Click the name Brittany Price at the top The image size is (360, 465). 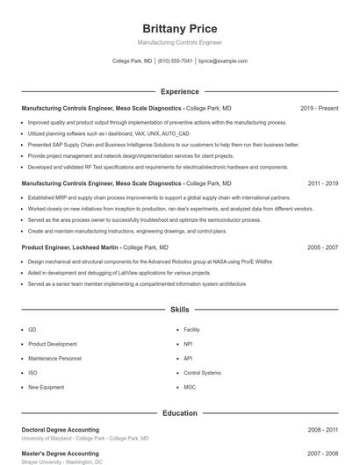pyautogui.click(x=179, y=29)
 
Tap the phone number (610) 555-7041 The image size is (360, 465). pyautogui.click(x=175, y=61)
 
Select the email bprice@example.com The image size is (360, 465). pyautogui.click(x=223, y=61)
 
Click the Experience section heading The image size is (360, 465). pyautogui.click(x=179, y=91)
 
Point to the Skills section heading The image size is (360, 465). pyautogui.click(x=179, y=310)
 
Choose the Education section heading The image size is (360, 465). pyautogui.click(x=179, y=412)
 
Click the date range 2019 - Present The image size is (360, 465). pyautogui.click(x=319, y=108)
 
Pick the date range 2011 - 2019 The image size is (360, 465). pyautogui.click(x=322, y=183)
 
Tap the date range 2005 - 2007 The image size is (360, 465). pyautogui.click(x=322, y=247)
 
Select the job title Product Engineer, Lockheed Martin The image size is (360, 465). pyautogui.click(x=70, y=247)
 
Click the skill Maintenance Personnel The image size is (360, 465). pyautogui.click(x=54, y=358)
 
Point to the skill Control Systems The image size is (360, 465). pyautogui.click(x=202, y=372)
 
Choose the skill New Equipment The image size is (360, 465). pyautogui.click(x=46, y=387)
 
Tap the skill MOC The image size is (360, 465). pyautogui.click(x=190, y=387)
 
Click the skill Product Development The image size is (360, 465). pyautogui.click(x=53, y=344)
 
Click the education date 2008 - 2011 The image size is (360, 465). pyautogui.click(x=322, y=430)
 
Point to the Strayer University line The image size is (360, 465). pyautogui.click(x=61, y=461)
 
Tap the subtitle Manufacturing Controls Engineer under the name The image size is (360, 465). pyautogui.click(x=179, y=42)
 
